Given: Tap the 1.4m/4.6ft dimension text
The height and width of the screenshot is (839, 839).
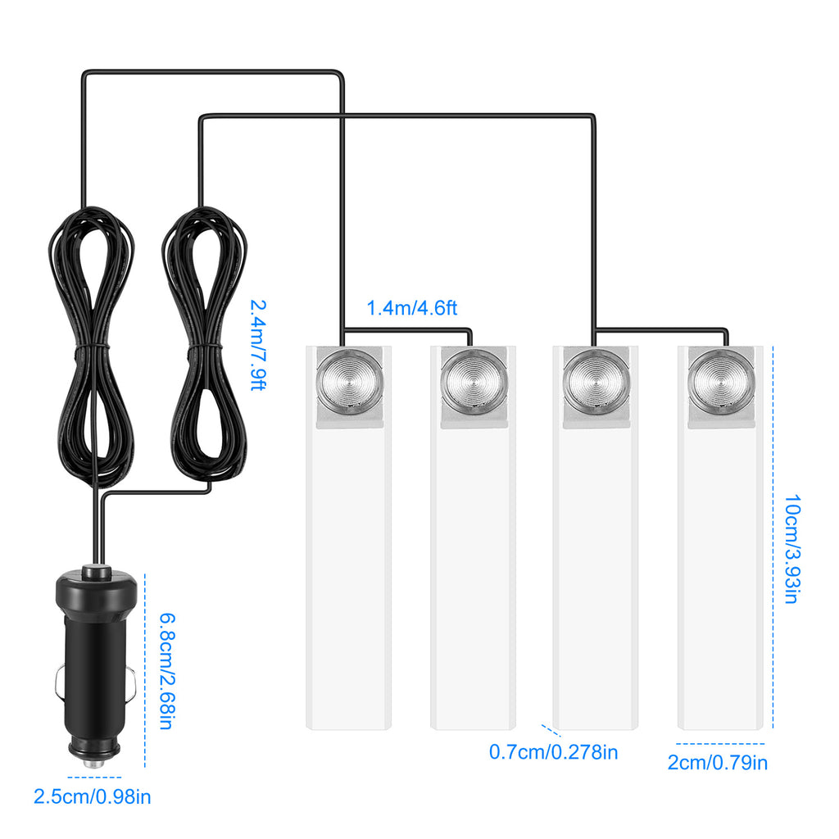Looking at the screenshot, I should pos(411,309).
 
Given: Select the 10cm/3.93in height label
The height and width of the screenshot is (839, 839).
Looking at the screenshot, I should pos(791,548).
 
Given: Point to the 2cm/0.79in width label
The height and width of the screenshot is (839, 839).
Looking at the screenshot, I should pos(718,764).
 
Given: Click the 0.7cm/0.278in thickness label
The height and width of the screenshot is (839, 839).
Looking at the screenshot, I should pos(554,751).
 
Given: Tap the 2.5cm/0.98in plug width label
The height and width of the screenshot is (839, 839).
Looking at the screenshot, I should pos(93,796).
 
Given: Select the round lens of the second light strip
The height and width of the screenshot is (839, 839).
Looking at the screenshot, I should pos(474,381).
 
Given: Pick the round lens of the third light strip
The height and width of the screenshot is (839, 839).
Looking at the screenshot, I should pos(596,381).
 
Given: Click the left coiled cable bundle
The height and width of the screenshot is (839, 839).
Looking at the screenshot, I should pos(91,344).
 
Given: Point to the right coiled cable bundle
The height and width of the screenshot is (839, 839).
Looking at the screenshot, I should pos(205,344).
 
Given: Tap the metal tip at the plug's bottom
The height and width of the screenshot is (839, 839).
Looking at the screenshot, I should pos(94,761).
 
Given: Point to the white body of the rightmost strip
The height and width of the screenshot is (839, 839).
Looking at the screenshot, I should pos(720,574).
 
